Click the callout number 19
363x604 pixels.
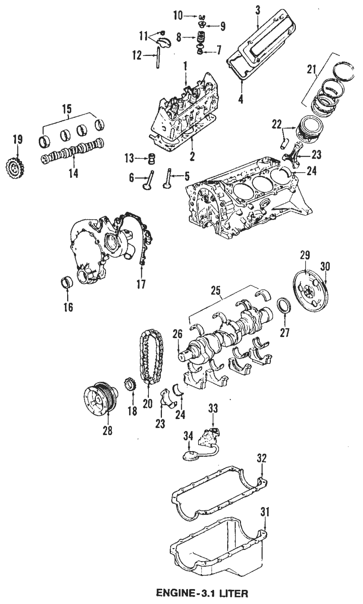click(17, 140)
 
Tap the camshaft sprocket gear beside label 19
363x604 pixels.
click(14, 168)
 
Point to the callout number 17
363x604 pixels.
click(141, 284)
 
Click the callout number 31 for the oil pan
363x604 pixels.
click(265, 512)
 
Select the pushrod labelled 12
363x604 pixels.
click(158, 57)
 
